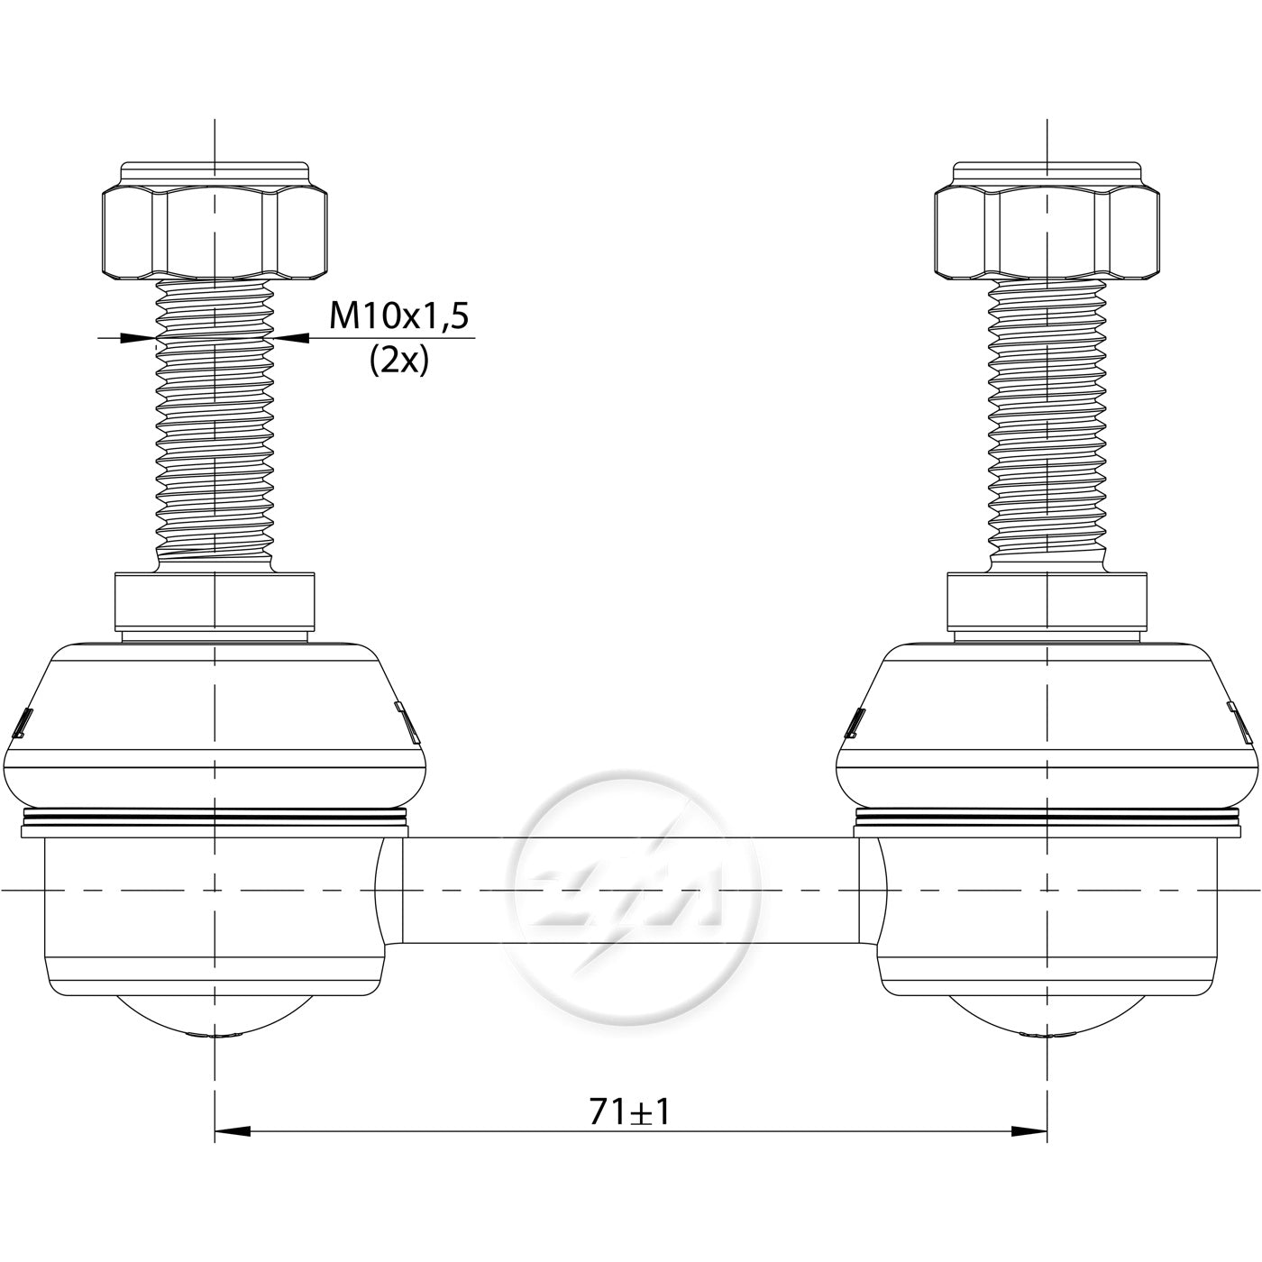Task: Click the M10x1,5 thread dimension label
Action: point(398,316)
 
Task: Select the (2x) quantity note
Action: point(398,360)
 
